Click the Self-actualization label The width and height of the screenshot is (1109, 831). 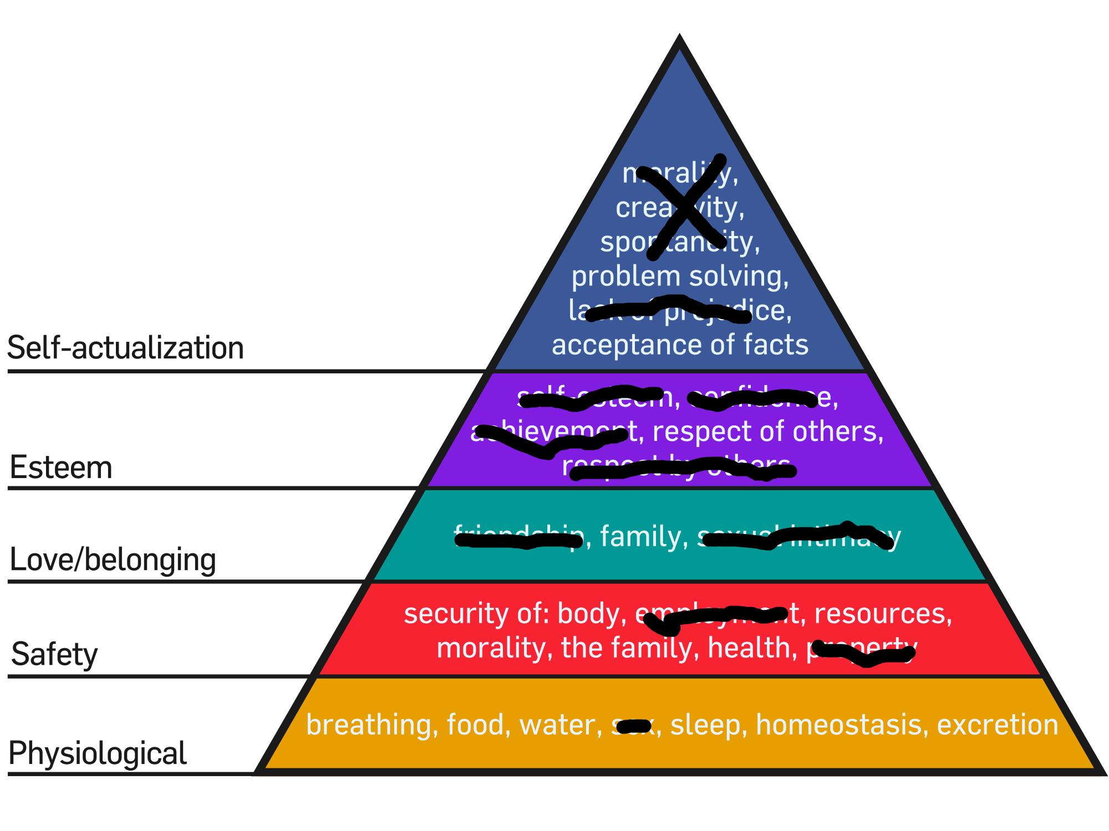point(125,348)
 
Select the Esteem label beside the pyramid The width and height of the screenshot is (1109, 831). point(61,467)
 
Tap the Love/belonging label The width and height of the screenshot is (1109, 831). point(113,560)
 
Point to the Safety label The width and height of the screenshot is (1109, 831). point(54,654)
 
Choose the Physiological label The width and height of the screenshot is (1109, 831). point(98,753)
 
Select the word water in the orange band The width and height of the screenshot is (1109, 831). point(560,725)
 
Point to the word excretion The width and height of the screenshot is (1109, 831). point(998,725)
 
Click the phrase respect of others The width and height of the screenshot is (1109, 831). point(768,432)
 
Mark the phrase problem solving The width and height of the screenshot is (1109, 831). point(680,276)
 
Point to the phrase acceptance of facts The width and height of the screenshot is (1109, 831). point(680,345)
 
